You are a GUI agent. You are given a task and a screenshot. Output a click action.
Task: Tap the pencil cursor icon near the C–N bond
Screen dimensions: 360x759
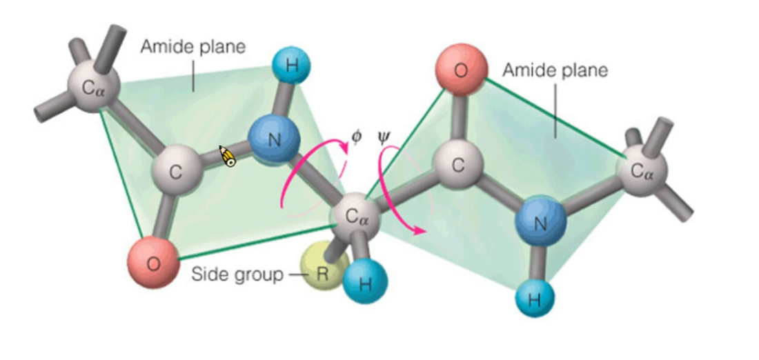228,157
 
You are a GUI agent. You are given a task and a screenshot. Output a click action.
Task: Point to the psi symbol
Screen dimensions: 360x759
384,136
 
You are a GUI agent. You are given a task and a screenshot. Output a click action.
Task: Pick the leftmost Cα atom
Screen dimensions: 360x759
94,87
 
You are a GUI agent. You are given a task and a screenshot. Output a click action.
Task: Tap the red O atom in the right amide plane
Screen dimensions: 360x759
460,69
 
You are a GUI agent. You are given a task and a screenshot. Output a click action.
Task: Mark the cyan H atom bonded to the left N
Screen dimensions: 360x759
291,67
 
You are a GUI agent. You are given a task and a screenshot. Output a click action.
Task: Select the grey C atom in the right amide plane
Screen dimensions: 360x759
458,166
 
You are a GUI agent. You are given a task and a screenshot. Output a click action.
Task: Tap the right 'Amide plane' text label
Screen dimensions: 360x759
555,70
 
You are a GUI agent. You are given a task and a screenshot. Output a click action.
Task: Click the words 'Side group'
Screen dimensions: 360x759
237,274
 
